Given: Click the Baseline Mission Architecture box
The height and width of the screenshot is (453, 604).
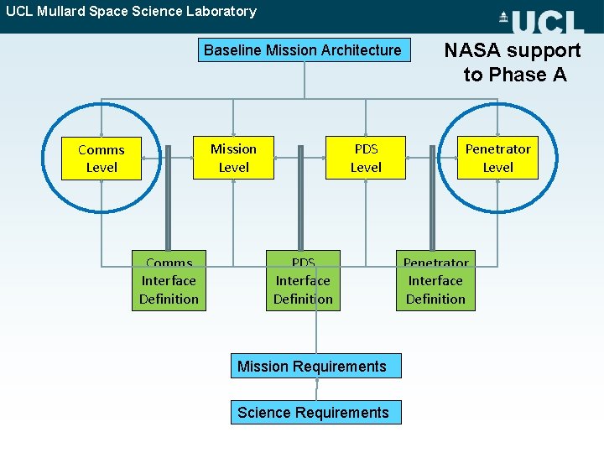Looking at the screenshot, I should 302,50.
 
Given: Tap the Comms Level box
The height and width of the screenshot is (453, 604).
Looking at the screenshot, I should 101,159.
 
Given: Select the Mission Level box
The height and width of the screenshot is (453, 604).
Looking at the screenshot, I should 233,158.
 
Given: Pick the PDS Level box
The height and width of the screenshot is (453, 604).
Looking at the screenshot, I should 366,158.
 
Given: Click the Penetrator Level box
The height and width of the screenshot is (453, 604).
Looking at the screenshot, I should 497,158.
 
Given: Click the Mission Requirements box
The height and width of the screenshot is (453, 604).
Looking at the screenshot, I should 315,366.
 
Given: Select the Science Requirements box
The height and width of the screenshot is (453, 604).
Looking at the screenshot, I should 315,412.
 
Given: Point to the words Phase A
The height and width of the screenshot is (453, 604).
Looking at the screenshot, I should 528,75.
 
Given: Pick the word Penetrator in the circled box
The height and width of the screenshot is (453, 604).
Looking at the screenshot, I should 497,148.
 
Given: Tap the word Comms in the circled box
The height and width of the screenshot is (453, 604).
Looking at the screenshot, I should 101,149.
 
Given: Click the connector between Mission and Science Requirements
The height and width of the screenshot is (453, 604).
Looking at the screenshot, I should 316,389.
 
